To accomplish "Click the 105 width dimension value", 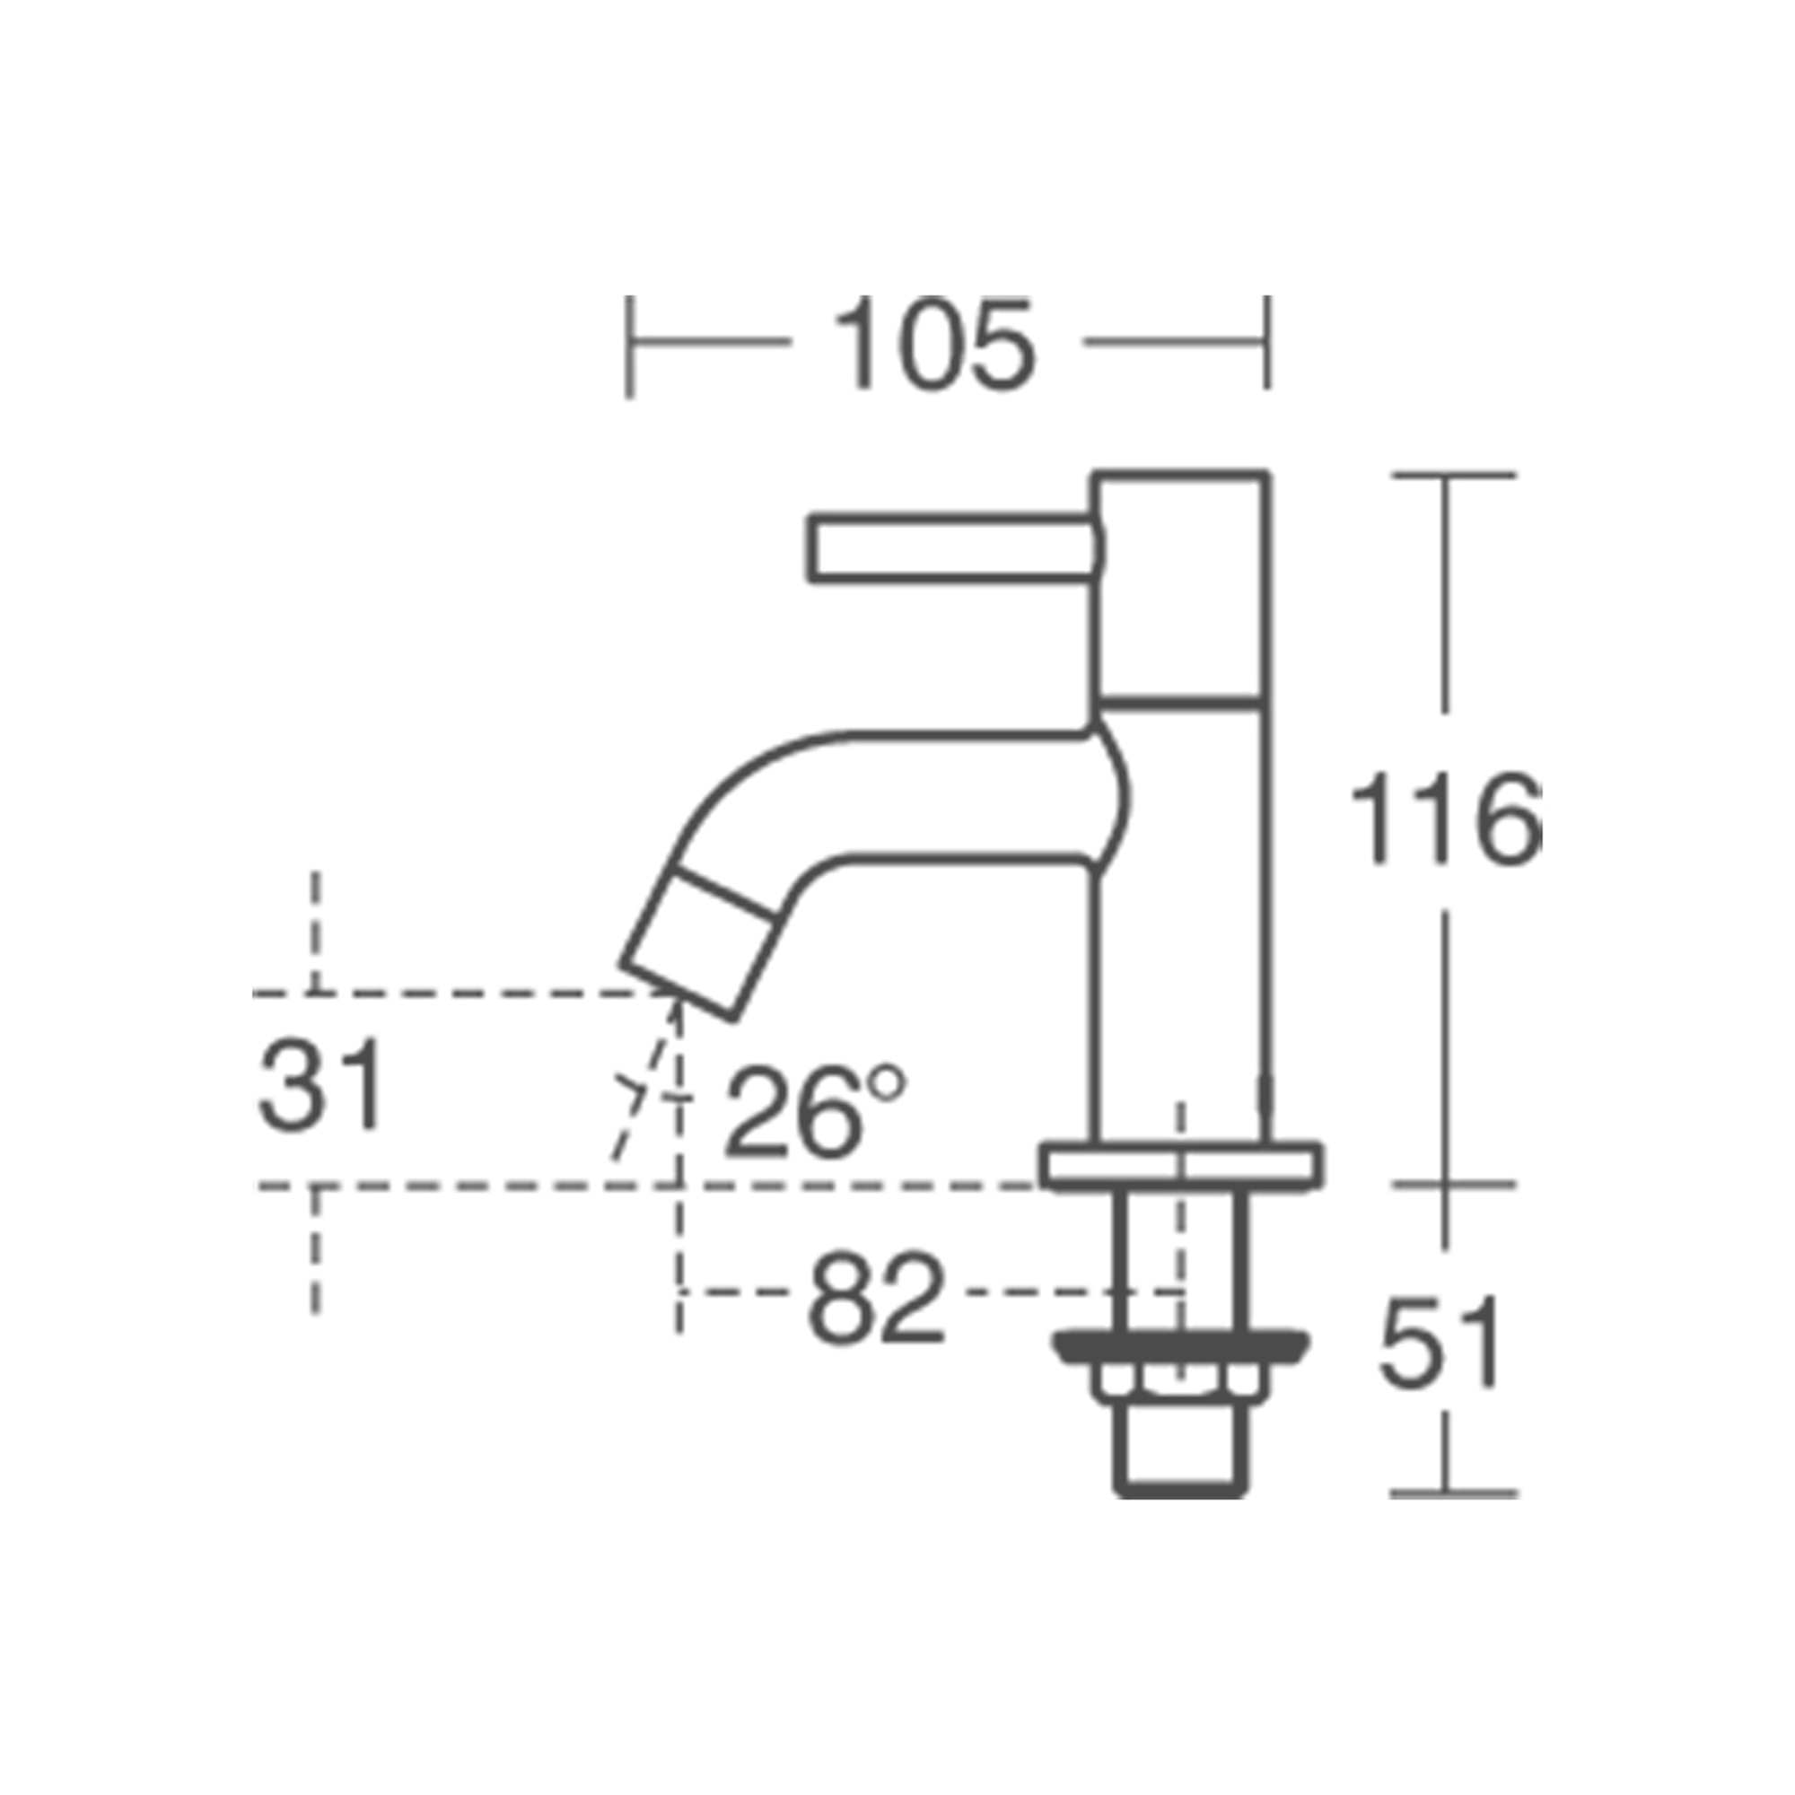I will tap(934, 343).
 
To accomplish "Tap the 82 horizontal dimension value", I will tap(875, 1298).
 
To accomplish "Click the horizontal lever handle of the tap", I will tap(948, 548).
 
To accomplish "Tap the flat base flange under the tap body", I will tap(1181, 1165).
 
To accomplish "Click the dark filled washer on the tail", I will tap(1181, 1347).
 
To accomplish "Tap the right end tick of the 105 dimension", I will tap(1266, 343).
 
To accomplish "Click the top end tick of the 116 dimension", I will tap(1453, 476).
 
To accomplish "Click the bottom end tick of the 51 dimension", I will tap(1453, 1493).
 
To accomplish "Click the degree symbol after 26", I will tap(889, 1082).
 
